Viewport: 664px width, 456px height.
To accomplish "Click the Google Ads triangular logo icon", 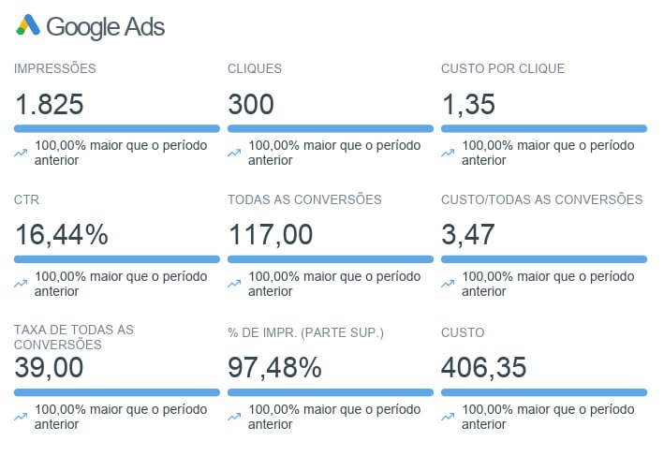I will [28, 25].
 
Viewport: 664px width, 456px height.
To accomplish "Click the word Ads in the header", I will [144, 27].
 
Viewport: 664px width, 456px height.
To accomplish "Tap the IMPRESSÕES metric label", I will [55, 68].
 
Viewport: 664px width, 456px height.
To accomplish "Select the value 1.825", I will [50, 104].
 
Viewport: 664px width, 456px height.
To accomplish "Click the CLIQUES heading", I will [255, 68].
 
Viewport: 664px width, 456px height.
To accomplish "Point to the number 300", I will [251, 104].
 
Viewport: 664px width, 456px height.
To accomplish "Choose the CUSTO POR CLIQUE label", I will [503, 68].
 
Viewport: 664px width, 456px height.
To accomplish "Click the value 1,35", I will [468, 104].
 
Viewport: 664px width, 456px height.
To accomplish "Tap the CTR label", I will [26, 199].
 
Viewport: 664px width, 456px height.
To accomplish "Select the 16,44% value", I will [62, 235].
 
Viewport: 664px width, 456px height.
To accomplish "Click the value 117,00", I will [271, 235].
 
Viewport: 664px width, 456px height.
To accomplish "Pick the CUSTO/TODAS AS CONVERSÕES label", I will [542, 199].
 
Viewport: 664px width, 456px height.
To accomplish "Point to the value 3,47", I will [468, 235].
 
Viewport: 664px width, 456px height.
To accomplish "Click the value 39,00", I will [50, 368].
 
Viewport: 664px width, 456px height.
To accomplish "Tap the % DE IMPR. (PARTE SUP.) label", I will [306, 332].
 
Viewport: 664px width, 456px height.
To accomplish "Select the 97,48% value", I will [275, 368].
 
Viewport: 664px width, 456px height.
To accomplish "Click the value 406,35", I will [484, 368].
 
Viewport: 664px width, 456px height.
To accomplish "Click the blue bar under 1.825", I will [117, 128].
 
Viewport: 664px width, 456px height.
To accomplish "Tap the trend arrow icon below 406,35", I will [449, 417].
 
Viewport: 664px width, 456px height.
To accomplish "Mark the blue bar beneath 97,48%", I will [331, 392].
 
